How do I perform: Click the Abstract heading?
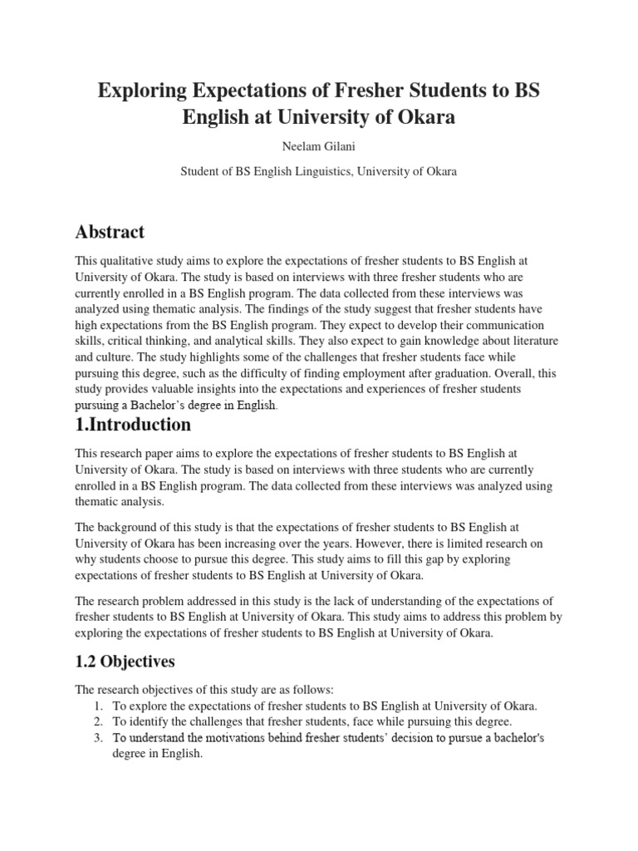[110, 232]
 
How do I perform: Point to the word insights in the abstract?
[235, 390]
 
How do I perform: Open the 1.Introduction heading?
[133, 425]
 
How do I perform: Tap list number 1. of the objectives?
[97, 706]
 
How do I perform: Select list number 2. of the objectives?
[97, 721]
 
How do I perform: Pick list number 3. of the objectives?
[97, 738]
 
